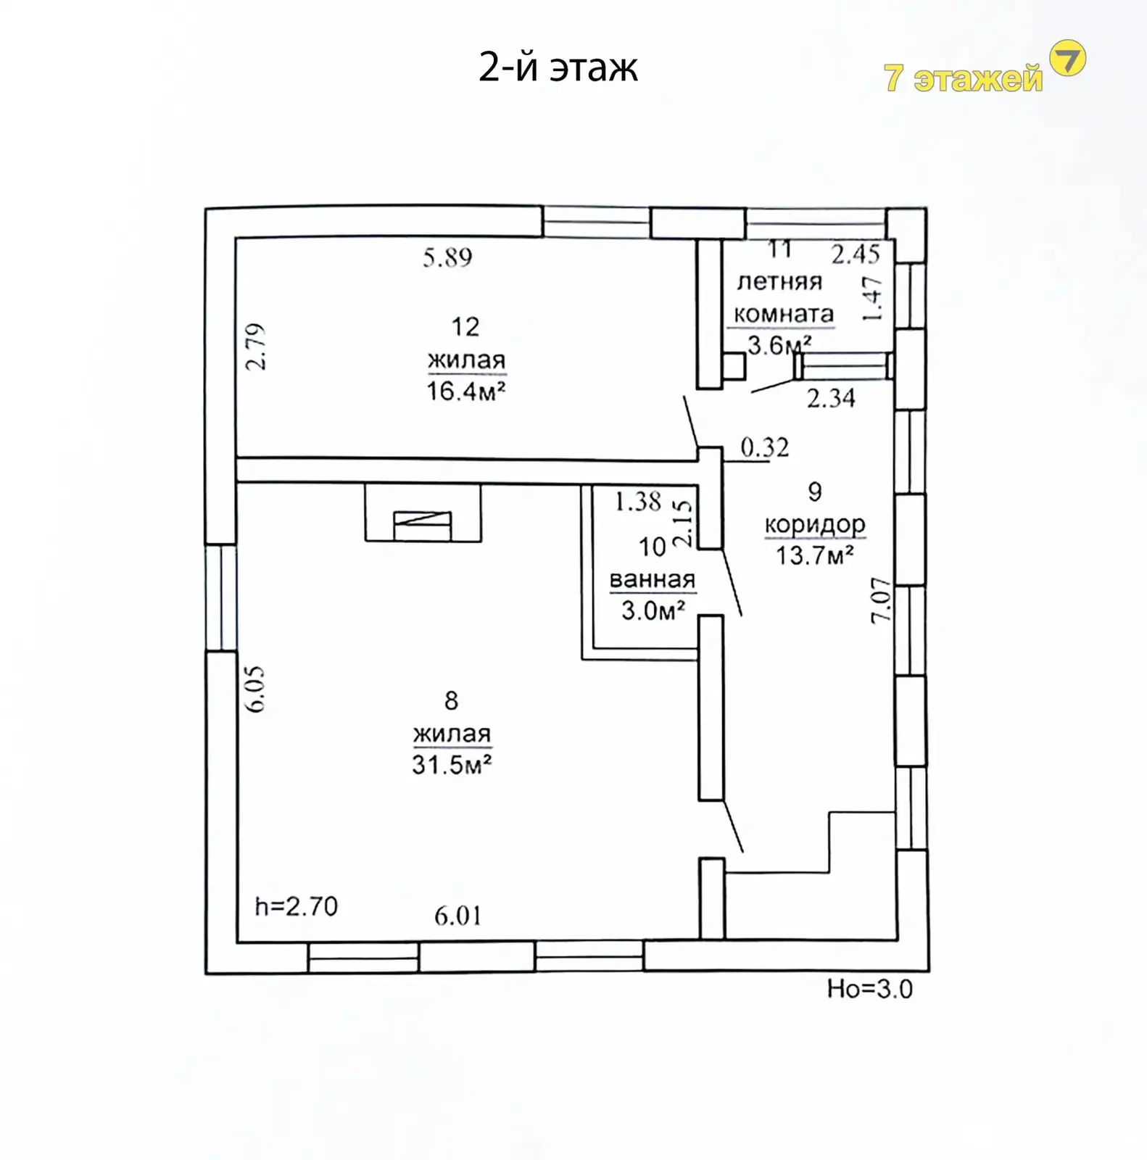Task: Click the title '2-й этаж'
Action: point(558,68)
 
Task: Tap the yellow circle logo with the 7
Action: point(1068,59)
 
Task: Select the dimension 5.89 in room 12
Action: point(447,257)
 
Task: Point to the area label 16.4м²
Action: point(465,391)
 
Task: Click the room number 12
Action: point(465,327)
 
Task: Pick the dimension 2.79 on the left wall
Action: point(256,347)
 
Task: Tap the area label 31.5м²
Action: point(452,765)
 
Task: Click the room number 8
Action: point(451,700)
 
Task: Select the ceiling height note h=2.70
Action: point(297,906)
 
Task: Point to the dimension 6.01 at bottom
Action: point(458,916)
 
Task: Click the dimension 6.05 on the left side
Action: point(256,689)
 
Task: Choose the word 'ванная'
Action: point(653,579)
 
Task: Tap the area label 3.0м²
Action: point(653,611)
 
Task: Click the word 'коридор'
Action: point(815,523)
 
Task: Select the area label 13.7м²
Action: point(815,556)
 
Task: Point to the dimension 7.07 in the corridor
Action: point(880,600)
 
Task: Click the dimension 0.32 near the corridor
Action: point(765,447)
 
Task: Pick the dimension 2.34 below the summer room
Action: point(832,398)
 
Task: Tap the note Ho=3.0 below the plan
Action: point(870,990)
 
